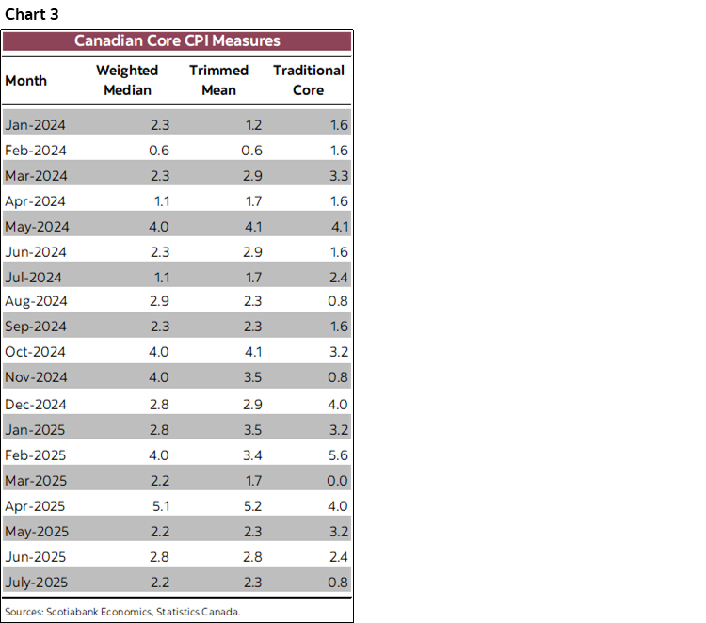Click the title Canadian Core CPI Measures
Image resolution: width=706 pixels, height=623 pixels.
(x=177, y=40)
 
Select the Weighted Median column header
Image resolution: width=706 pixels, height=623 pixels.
(x=127, y=80)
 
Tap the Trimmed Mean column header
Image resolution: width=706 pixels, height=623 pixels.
(x=218, y=80)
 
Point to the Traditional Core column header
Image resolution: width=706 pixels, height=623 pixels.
(x=308, y=80)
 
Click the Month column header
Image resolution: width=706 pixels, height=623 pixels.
(x=25, y=80)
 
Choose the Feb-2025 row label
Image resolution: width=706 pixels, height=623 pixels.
(x=36, y=455)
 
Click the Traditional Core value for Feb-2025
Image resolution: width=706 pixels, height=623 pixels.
(x=338, y=455)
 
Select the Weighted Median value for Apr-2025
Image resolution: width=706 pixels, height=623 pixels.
(x=160, y=505)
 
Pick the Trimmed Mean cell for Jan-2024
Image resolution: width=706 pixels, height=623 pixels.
(x=251, y=124)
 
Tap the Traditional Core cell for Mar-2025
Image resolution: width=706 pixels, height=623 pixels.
(x=338, y=480)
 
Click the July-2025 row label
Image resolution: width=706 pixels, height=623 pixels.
(x=37, y=582)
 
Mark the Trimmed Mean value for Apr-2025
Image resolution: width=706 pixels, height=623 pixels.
(x=251, y=505)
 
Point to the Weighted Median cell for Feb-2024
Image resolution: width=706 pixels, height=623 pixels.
(x=160, y=150)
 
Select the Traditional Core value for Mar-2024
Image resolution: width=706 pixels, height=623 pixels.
(x=338, y=175)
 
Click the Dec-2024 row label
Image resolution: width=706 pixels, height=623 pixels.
(x=36, y=404)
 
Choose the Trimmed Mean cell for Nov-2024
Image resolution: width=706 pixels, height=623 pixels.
(x=251, y=377)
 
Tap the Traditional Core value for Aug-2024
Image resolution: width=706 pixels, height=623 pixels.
(x=338, y=301)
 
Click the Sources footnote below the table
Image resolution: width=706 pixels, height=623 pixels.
(x=122, y=611)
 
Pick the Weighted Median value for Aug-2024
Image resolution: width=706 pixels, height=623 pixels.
(x=160, y=301)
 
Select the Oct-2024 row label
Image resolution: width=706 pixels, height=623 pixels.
(x=36, y=352)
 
